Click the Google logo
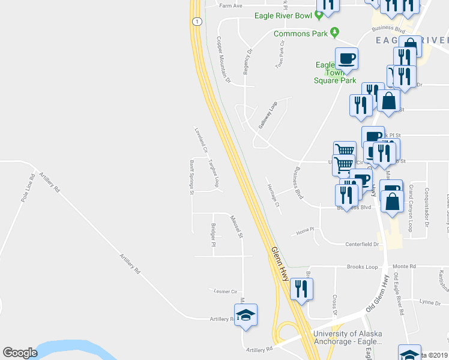(20, 353)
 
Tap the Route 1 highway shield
(196, 22)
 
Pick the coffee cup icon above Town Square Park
(346, 59)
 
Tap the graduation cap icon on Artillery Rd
(246, 315)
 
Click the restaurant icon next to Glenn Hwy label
(301, 289)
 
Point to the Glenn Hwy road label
(279, 264)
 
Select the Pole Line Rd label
(28, 188)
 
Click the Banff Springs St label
(191, 177)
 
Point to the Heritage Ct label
(273, 194)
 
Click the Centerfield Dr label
(362, 244)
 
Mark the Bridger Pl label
(213, 235)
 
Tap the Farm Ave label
(231, 6)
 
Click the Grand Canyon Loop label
(411, 208)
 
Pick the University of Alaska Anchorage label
(347, 338)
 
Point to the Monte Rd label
(405, 266)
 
